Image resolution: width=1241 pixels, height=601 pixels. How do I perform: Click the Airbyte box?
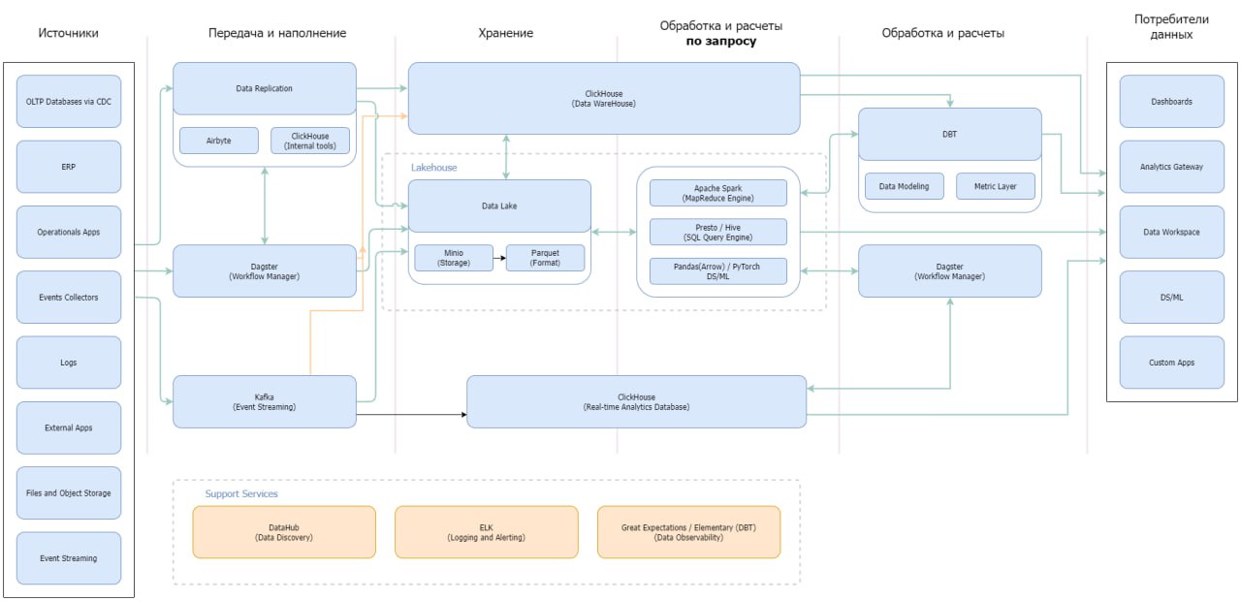click(x=219, y=141)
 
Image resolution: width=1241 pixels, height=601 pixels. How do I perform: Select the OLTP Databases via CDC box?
click(x=69, y=102)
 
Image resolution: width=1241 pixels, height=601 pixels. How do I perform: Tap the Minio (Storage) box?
click(x=454, y=258)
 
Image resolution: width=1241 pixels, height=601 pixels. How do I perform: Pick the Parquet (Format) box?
click(x=545, y=258)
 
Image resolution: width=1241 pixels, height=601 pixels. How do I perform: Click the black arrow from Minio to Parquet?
click(x=499, y=258)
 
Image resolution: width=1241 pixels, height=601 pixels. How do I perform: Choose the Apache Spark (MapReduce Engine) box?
click(x=718, y=193)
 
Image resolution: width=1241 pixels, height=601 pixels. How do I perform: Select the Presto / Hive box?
click(x=718, y=232)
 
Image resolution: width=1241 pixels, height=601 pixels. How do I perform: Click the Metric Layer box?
click(x=996, y=186)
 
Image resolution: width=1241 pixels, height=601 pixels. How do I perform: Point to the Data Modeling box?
click(x=905, y=186)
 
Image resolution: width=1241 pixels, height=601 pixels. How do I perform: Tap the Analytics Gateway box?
click(x=1172, y=167)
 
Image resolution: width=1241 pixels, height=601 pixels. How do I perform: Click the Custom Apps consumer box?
click(x=1172, y=363)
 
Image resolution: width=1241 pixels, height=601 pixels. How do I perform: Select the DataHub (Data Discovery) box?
click(x=284, y=532)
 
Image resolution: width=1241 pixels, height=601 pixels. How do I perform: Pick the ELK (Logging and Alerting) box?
click(x=487, y=532)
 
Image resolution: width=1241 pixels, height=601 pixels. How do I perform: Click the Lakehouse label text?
click(x=433, y=168)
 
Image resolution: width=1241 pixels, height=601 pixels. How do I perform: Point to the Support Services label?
click(x=241, y=493)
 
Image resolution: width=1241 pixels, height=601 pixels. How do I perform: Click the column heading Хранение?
click(x=506, y=33)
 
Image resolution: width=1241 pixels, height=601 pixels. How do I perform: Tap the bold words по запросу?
click(x=720, y=41)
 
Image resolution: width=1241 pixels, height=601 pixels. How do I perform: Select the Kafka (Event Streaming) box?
click(x=265, y=401)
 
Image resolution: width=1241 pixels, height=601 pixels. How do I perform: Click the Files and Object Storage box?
click(x=69, y=493)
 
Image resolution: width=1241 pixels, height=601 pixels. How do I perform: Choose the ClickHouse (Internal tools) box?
click(x=310, y=141)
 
